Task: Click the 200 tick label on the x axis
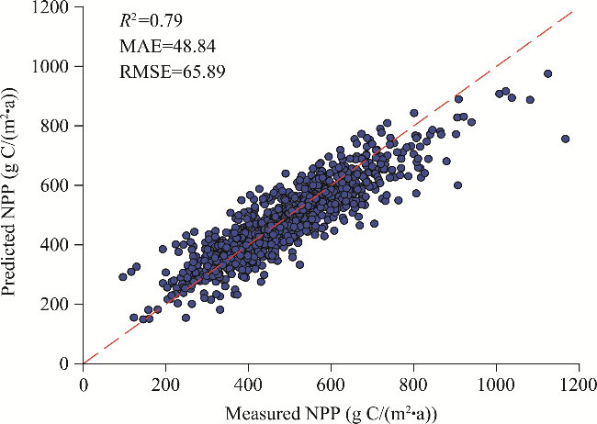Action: [166, 380]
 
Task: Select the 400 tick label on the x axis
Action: [249, 380]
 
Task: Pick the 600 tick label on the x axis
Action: [332, 380]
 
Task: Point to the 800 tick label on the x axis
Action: [414, 380]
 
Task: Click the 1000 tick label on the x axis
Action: [497, 380]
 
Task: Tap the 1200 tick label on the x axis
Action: [580, 380]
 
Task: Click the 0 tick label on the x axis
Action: [84, 380]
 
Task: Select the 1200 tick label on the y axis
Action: [56, 7]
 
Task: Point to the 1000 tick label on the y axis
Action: [56, 66]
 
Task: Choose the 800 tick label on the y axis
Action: [61, 126]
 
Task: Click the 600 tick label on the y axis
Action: [61, 185]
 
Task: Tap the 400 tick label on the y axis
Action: [61, 245]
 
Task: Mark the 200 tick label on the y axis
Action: [61, 304]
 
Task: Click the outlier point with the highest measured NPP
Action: [565, 139]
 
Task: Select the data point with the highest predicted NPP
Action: [547, 73]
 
